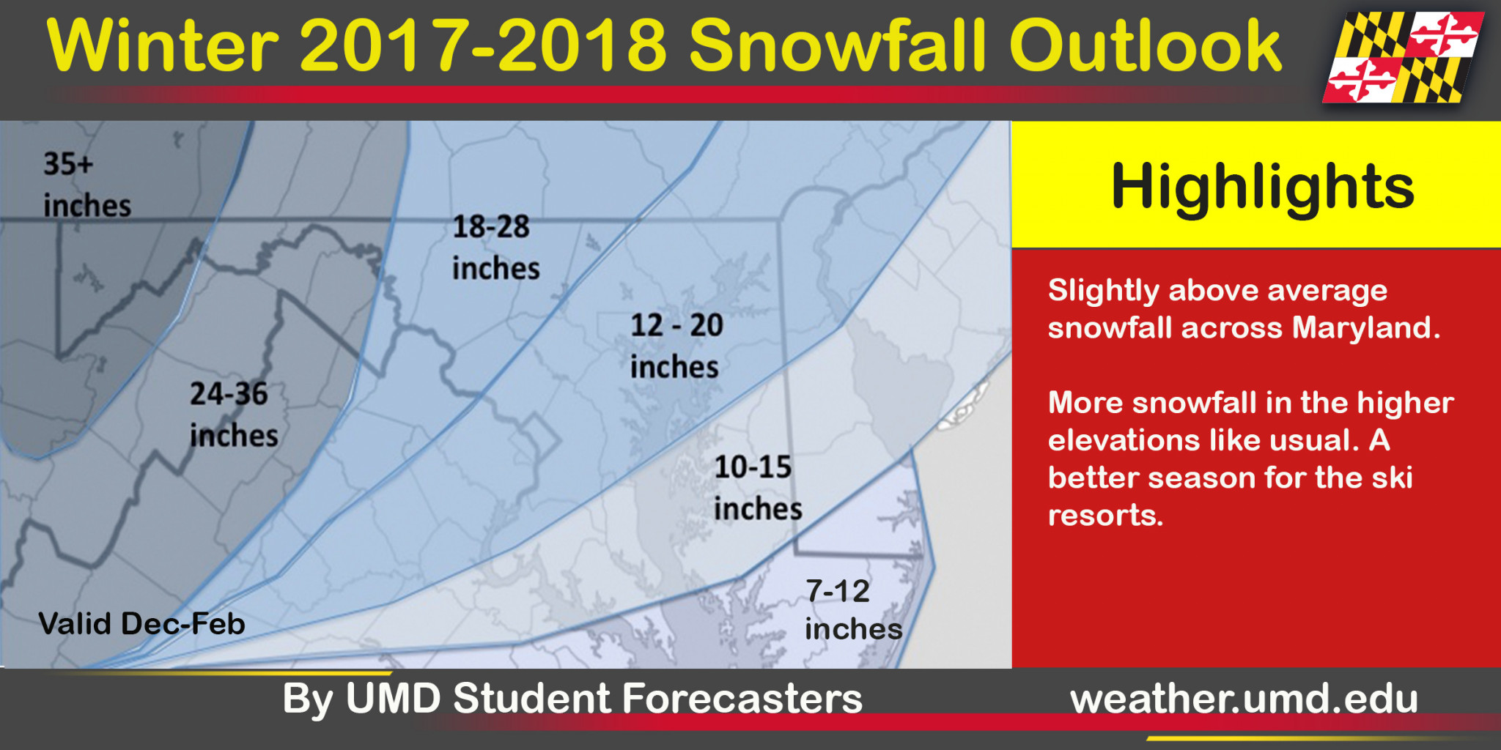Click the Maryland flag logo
pos(1403,56)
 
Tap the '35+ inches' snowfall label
pos(87,185)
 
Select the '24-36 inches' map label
pos(234,415)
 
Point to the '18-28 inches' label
pos(496,248)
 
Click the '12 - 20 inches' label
pos(676,346)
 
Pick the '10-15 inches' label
pos(758,488)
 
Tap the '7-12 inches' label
pos(854,609)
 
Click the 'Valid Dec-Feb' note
pos(141,624)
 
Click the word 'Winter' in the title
pos(163,45)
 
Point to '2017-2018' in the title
pos(484,45)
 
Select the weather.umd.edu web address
pos(1244,699)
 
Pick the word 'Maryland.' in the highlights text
pos(1366,327)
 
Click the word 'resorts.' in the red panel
pos(1105,515)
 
